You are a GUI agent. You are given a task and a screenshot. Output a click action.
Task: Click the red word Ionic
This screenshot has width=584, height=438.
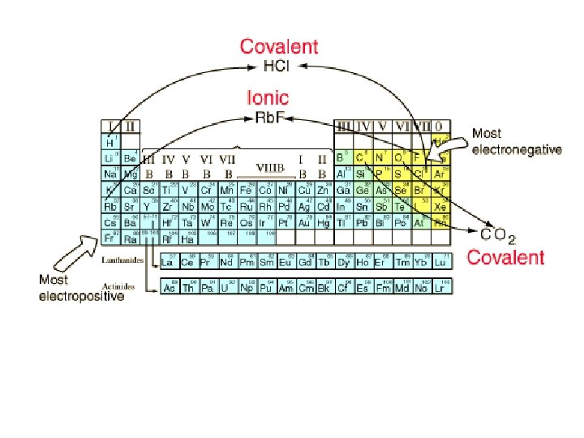(267, 99)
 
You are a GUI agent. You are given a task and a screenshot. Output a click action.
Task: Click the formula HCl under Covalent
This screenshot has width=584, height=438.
(278, 65)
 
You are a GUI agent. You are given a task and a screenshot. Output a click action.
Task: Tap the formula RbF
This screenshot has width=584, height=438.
(269, 118)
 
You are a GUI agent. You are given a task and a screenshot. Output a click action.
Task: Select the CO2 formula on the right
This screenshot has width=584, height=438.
(497, 236)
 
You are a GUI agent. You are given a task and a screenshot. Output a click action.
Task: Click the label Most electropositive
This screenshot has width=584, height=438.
(82, 288)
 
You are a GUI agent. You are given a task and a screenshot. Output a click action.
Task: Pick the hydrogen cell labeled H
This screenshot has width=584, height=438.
(111, 142)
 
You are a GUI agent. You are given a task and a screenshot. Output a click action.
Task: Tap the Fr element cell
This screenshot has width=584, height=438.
(111, 238)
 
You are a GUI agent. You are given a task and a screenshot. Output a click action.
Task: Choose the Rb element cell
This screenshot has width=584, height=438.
(111, 206)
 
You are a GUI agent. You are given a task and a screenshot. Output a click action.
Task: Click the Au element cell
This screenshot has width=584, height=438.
(304, 222)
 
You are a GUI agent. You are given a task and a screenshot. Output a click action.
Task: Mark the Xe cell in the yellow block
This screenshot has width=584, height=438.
(440, 206)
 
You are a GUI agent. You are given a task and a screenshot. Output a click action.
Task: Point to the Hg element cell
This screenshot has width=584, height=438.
(324, 222)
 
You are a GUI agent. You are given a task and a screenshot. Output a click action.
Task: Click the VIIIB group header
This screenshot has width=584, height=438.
(270, 168)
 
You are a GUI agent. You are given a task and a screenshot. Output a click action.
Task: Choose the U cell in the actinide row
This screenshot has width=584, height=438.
(228, 287)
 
